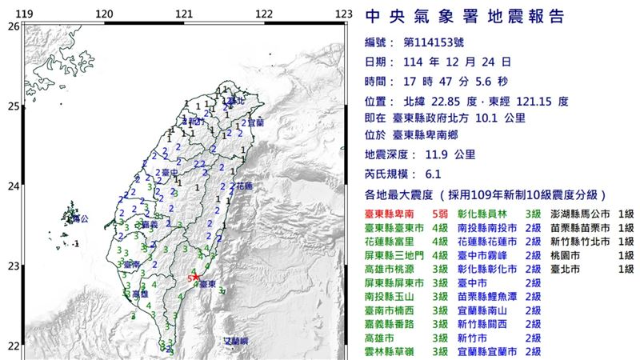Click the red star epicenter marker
pyautogui.click(x=196, y=277)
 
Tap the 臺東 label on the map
pyautogui.click(x=206, y=284)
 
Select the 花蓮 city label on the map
pyautogui.click(x=243, y=186)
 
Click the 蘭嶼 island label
pyautogui.click(x=236, y=341)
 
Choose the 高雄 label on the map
pyautogui.click(x=139, y=295)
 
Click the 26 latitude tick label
pyautogui.click(x=14, y=26)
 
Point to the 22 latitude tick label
pyautogui.click(x=14, y=346)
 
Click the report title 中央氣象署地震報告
pyautogui.click(x=464, y=17)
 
